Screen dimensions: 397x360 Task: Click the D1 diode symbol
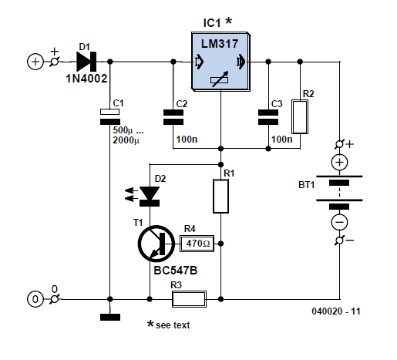coord(86,62)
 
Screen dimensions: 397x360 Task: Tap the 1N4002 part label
coord(86,79)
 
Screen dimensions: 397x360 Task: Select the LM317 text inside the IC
coord(220,44)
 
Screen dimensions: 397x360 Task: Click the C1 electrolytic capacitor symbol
coord(110,116)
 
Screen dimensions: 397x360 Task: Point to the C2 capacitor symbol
coord(173,117)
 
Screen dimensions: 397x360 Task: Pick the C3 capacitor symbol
coord(268,117)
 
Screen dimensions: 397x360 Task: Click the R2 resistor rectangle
coord(300,117)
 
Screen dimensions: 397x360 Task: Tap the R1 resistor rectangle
coord(220,197)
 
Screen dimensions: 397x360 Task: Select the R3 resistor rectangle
coord(189,299)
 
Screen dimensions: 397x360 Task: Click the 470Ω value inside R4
coord(198,244)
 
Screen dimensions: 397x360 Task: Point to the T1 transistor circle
coord(156,244)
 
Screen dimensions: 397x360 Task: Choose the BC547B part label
coord(175,271)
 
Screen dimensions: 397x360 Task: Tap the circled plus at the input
coord(35,62)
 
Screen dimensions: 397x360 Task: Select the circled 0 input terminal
coord(35,299)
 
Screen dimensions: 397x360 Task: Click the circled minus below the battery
coord(339,222)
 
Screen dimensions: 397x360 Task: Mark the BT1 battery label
coord(306,185)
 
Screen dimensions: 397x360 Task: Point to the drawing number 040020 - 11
coord(336,311)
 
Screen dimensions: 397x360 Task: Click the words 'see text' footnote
coord(173,325)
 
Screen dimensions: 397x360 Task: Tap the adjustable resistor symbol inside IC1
coord(220,79)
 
